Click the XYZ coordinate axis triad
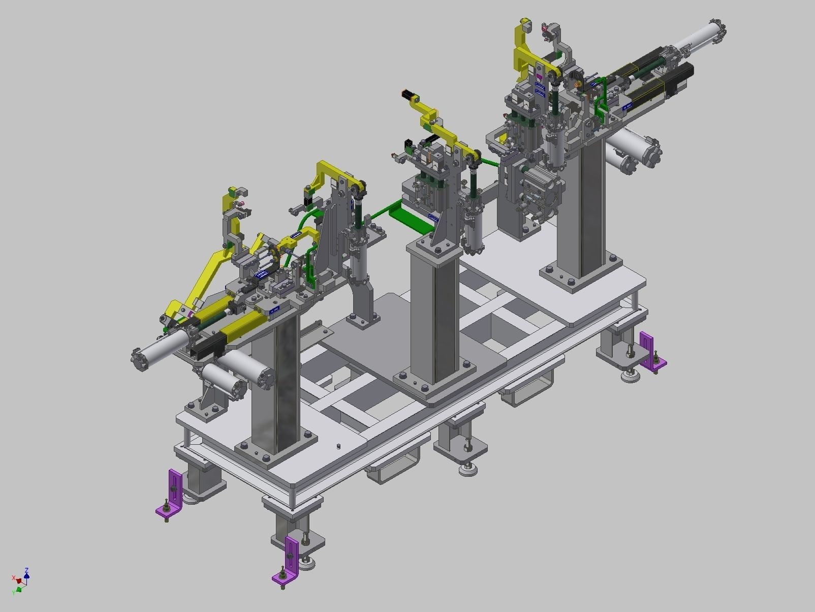21,580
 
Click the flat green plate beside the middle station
412,216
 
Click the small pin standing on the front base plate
338,446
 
